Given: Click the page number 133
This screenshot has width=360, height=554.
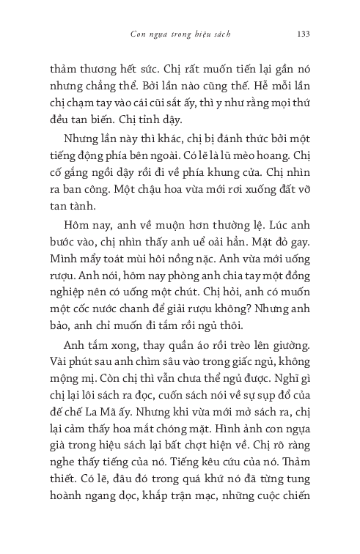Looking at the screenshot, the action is [306, 33].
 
